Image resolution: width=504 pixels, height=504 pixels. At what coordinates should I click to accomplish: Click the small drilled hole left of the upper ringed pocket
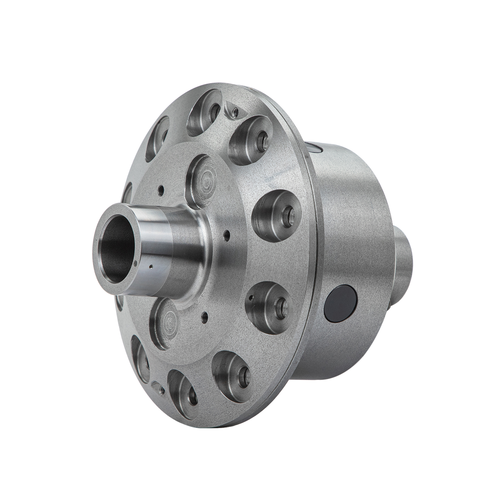tap(162, 190)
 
